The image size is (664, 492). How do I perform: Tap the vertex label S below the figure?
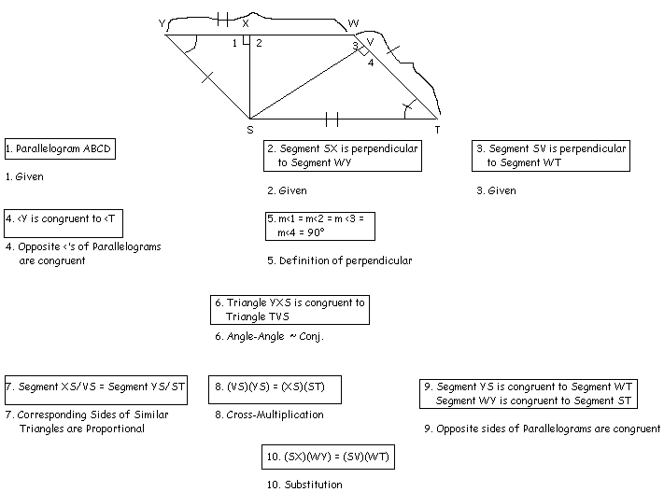coord(249,129)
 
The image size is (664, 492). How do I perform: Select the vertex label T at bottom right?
coord(437,129)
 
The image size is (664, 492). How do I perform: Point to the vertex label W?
coord(352,22)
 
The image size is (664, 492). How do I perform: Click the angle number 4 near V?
coord(370,63)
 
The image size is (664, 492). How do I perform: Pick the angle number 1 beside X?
coord(235,43)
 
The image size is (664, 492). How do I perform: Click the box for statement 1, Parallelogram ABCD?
coord(60,148)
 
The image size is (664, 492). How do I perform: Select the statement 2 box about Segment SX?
coord(342,156)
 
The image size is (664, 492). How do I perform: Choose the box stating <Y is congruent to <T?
coord(64,221)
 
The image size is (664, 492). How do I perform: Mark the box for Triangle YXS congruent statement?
coord(290,310)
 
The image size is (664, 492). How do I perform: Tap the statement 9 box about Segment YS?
coord(530,393)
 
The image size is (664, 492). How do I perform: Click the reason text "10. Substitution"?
coord(304,485)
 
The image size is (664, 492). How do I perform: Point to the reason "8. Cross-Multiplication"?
coord(269,415)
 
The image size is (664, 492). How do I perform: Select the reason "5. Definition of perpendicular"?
coord(339,261)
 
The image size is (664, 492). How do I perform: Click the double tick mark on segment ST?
coord(331,119)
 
